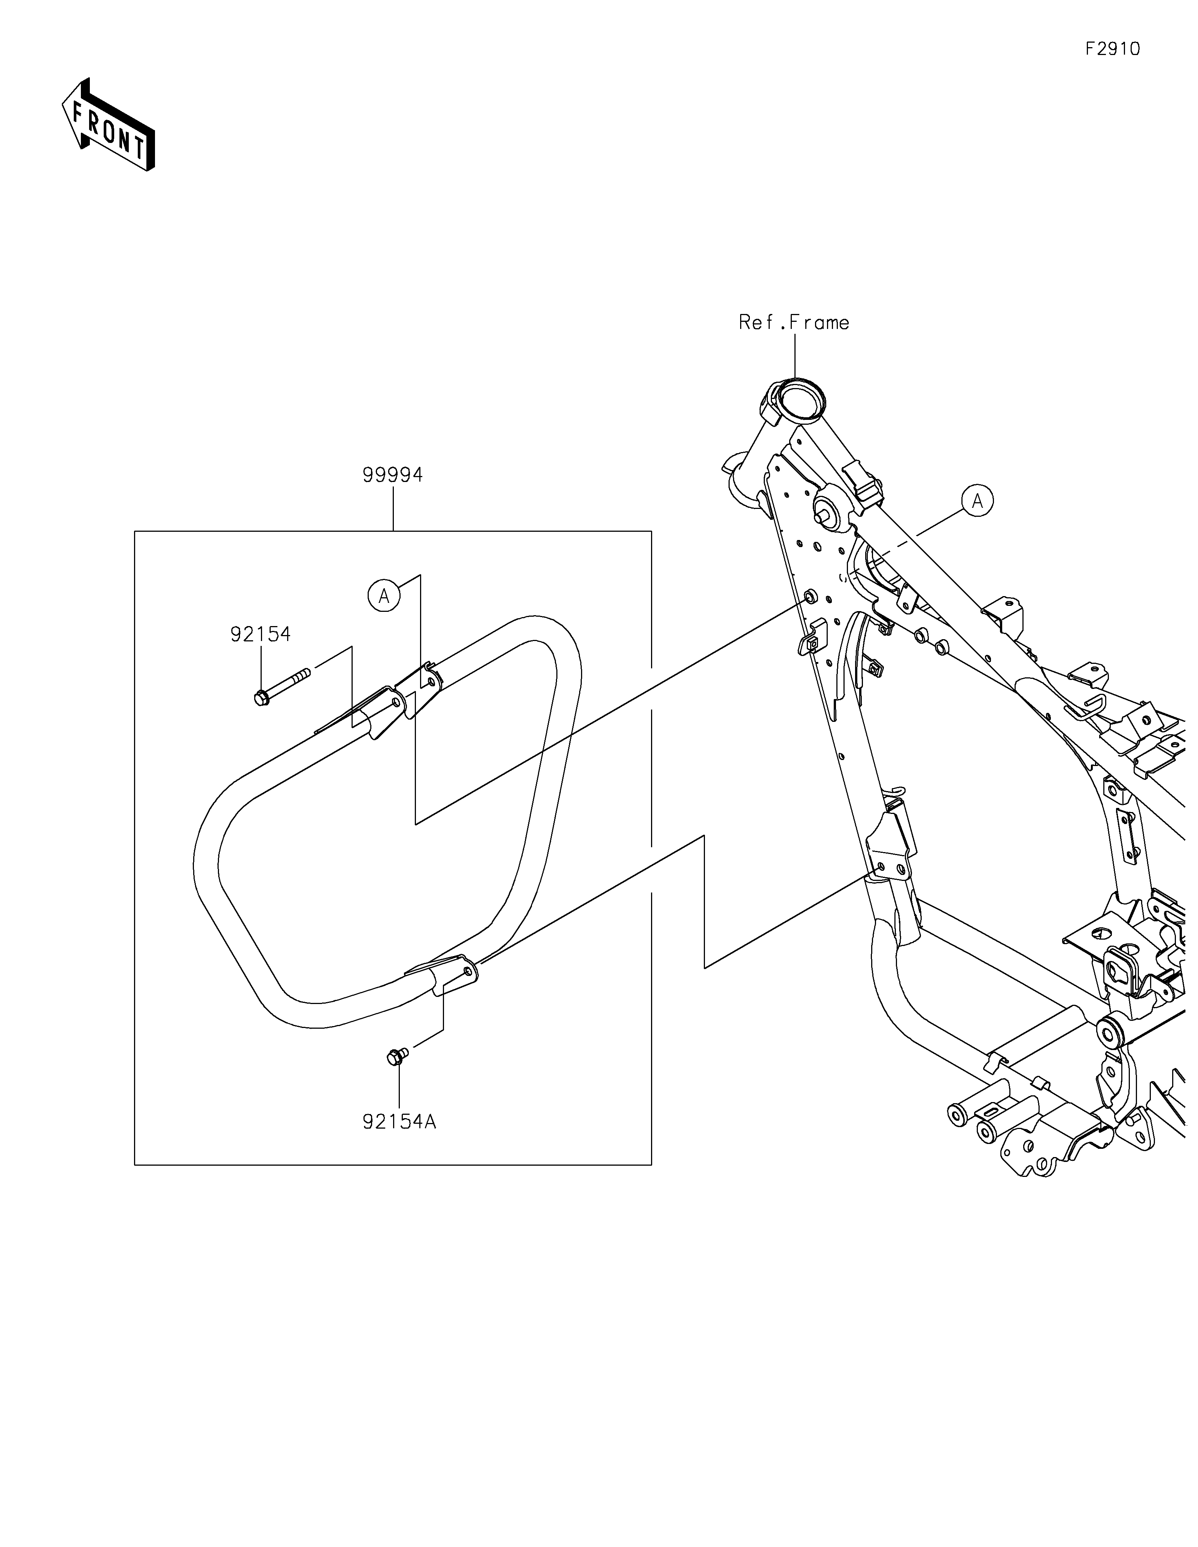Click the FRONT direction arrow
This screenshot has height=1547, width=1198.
tap(109, 124)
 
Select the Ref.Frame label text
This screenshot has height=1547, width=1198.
tap(793, 323)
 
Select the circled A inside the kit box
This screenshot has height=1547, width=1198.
tap(384, 596)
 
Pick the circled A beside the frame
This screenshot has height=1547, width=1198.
tap(977, 501)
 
